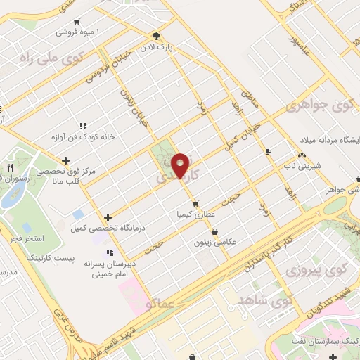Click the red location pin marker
(x=181, y=165)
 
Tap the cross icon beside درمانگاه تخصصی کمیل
(x=107, y=218)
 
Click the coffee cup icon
(x=267, y=152)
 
